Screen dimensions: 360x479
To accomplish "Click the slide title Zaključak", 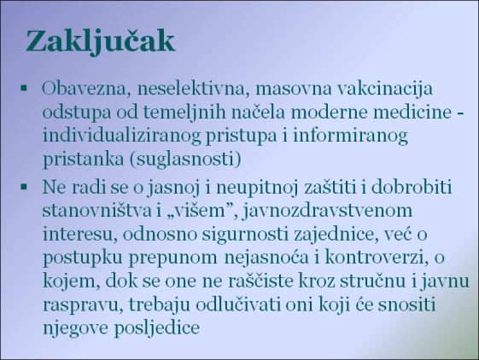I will click(101, 40).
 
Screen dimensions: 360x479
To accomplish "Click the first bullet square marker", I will click(25, 87).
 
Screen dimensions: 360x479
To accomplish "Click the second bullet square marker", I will click(25, 185).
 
